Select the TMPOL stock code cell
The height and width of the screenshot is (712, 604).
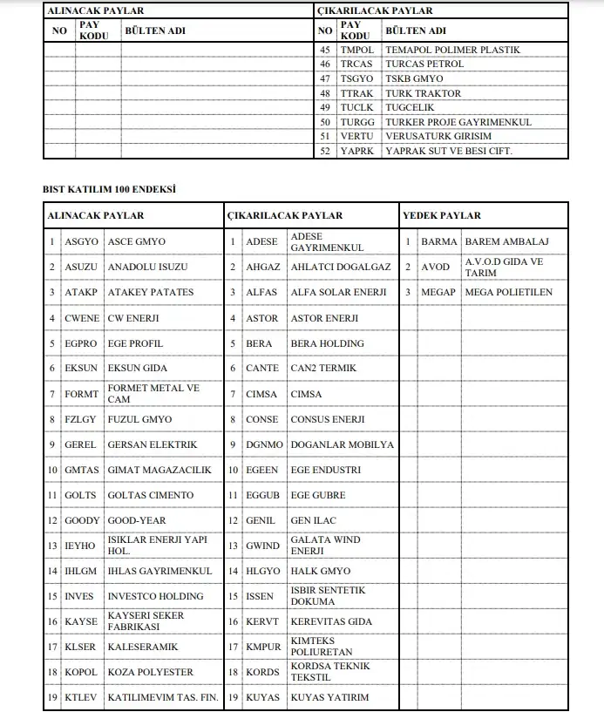click(x=356, y=50)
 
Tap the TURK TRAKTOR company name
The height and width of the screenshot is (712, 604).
click(x=423, y=93)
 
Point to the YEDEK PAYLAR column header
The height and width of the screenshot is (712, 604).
click(x=441, y=215)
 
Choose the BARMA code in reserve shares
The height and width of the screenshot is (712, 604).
click(x=438, y=241)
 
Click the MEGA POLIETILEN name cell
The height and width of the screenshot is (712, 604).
click(x=509, y=292)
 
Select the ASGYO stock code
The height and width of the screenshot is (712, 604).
click(x=82, y=241)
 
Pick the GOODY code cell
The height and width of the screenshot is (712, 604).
click(x=83, y=520)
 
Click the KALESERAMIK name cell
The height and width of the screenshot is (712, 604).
click(x=143, y=647)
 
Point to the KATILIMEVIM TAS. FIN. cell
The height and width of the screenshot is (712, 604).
click(x=163, y=697)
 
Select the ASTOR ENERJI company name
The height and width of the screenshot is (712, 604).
click(x=324, y=318)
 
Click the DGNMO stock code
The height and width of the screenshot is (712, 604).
click(x=264, y=444)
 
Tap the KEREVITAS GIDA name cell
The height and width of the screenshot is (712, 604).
click(x=331, y=621)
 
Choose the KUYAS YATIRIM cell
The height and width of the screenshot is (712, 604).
click(x=329, y=697)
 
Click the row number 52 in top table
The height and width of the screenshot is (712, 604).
click(x=325, y=151)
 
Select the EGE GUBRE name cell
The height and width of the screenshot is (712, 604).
click(x=318, y=495)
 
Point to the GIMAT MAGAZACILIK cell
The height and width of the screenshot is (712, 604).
click(x=159, y=470)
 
